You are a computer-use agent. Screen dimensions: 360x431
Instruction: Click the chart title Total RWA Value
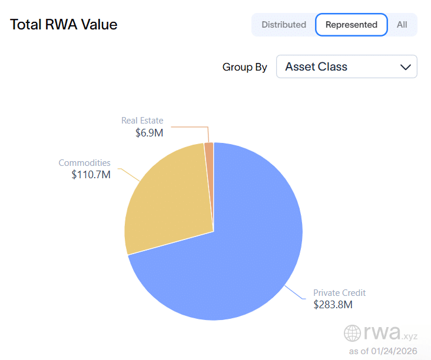(x=64, y=25)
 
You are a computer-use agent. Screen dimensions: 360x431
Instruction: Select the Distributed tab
(x=284, y=25)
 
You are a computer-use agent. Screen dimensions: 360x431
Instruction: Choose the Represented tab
(x=352, y=25)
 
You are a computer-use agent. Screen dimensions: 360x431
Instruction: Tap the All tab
(x=402, y=25)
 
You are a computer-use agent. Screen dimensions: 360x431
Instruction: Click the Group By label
(x=244, y=67)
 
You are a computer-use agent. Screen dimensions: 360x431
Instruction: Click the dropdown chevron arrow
(x=405, y=67)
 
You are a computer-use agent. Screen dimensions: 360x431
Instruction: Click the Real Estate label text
(x=142, y=121)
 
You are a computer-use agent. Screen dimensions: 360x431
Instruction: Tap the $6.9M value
(x=149, y=133)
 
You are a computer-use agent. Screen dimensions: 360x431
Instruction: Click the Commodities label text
(x=84, y=163)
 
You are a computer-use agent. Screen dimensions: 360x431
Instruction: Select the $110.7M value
(x=91, y=175)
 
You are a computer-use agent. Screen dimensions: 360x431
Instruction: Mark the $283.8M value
(x=333, y=305)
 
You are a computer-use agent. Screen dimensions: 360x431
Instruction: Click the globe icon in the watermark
(x=353, y=333)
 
